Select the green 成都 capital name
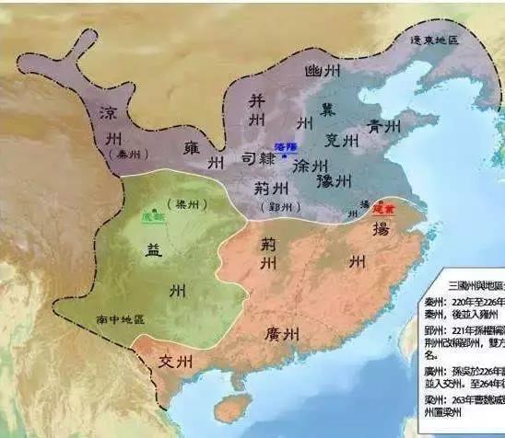click(151, 217)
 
